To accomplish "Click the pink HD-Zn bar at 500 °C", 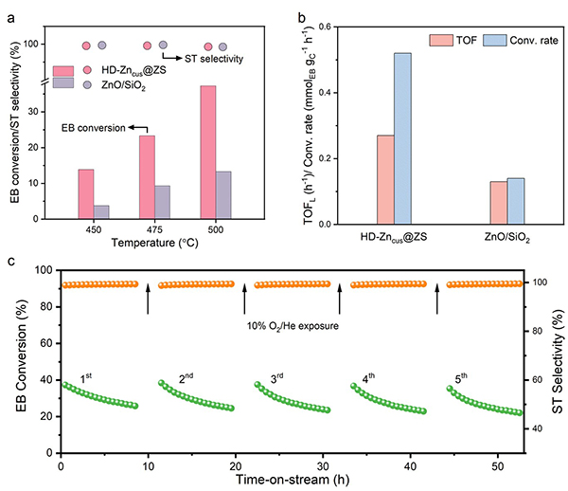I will click(x=208, y=153).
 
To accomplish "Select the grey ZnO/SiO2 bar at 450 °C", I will click(x=101, y=211).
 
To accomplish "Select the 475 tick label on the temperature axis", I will click(x=154, y=231).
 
